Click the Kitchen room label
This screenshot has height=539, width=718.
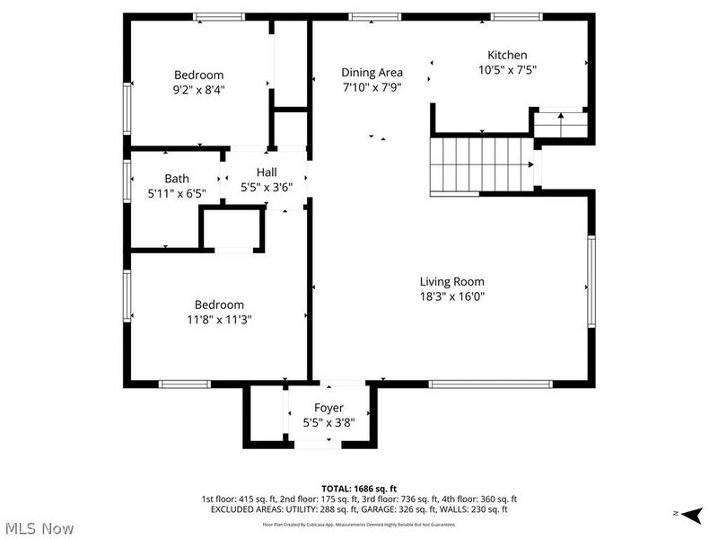click(x=507, y=55)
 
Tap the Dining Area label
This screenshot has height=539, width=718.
click(x=372, y=73)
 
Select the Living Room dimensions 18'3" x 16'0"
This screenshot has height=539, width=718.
click(x=452, y=296)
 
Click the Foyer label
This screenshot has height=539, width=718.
click(x=328, y=408)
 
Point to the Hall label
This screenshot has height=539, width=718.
click(x=267, y=172)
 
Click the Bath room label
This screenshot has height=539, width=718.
click(x=177, y=179)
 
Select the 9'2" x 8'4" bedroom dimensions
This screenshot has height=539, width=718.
click(x=199, y=89)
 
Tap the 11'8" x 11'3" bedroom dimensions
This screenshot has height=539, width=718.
click(x=220, y=319)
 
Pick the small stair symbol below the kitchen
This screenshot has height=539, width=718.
click(x=560, y=123)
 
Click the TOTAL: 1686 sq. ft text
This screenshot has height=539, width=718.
click(x=359, y=488)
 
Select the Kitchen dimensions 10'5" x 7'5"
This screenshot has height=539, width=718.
click(x=507, y=70)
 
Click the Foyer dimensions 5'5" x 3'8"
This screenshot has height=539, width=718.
click(x=328, y=422)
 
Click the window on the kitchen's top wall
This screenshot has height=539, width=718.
click(x=516, y=16)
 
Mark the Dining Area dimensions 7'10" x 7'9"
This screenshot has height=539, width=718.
click(x=372, y=88)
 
